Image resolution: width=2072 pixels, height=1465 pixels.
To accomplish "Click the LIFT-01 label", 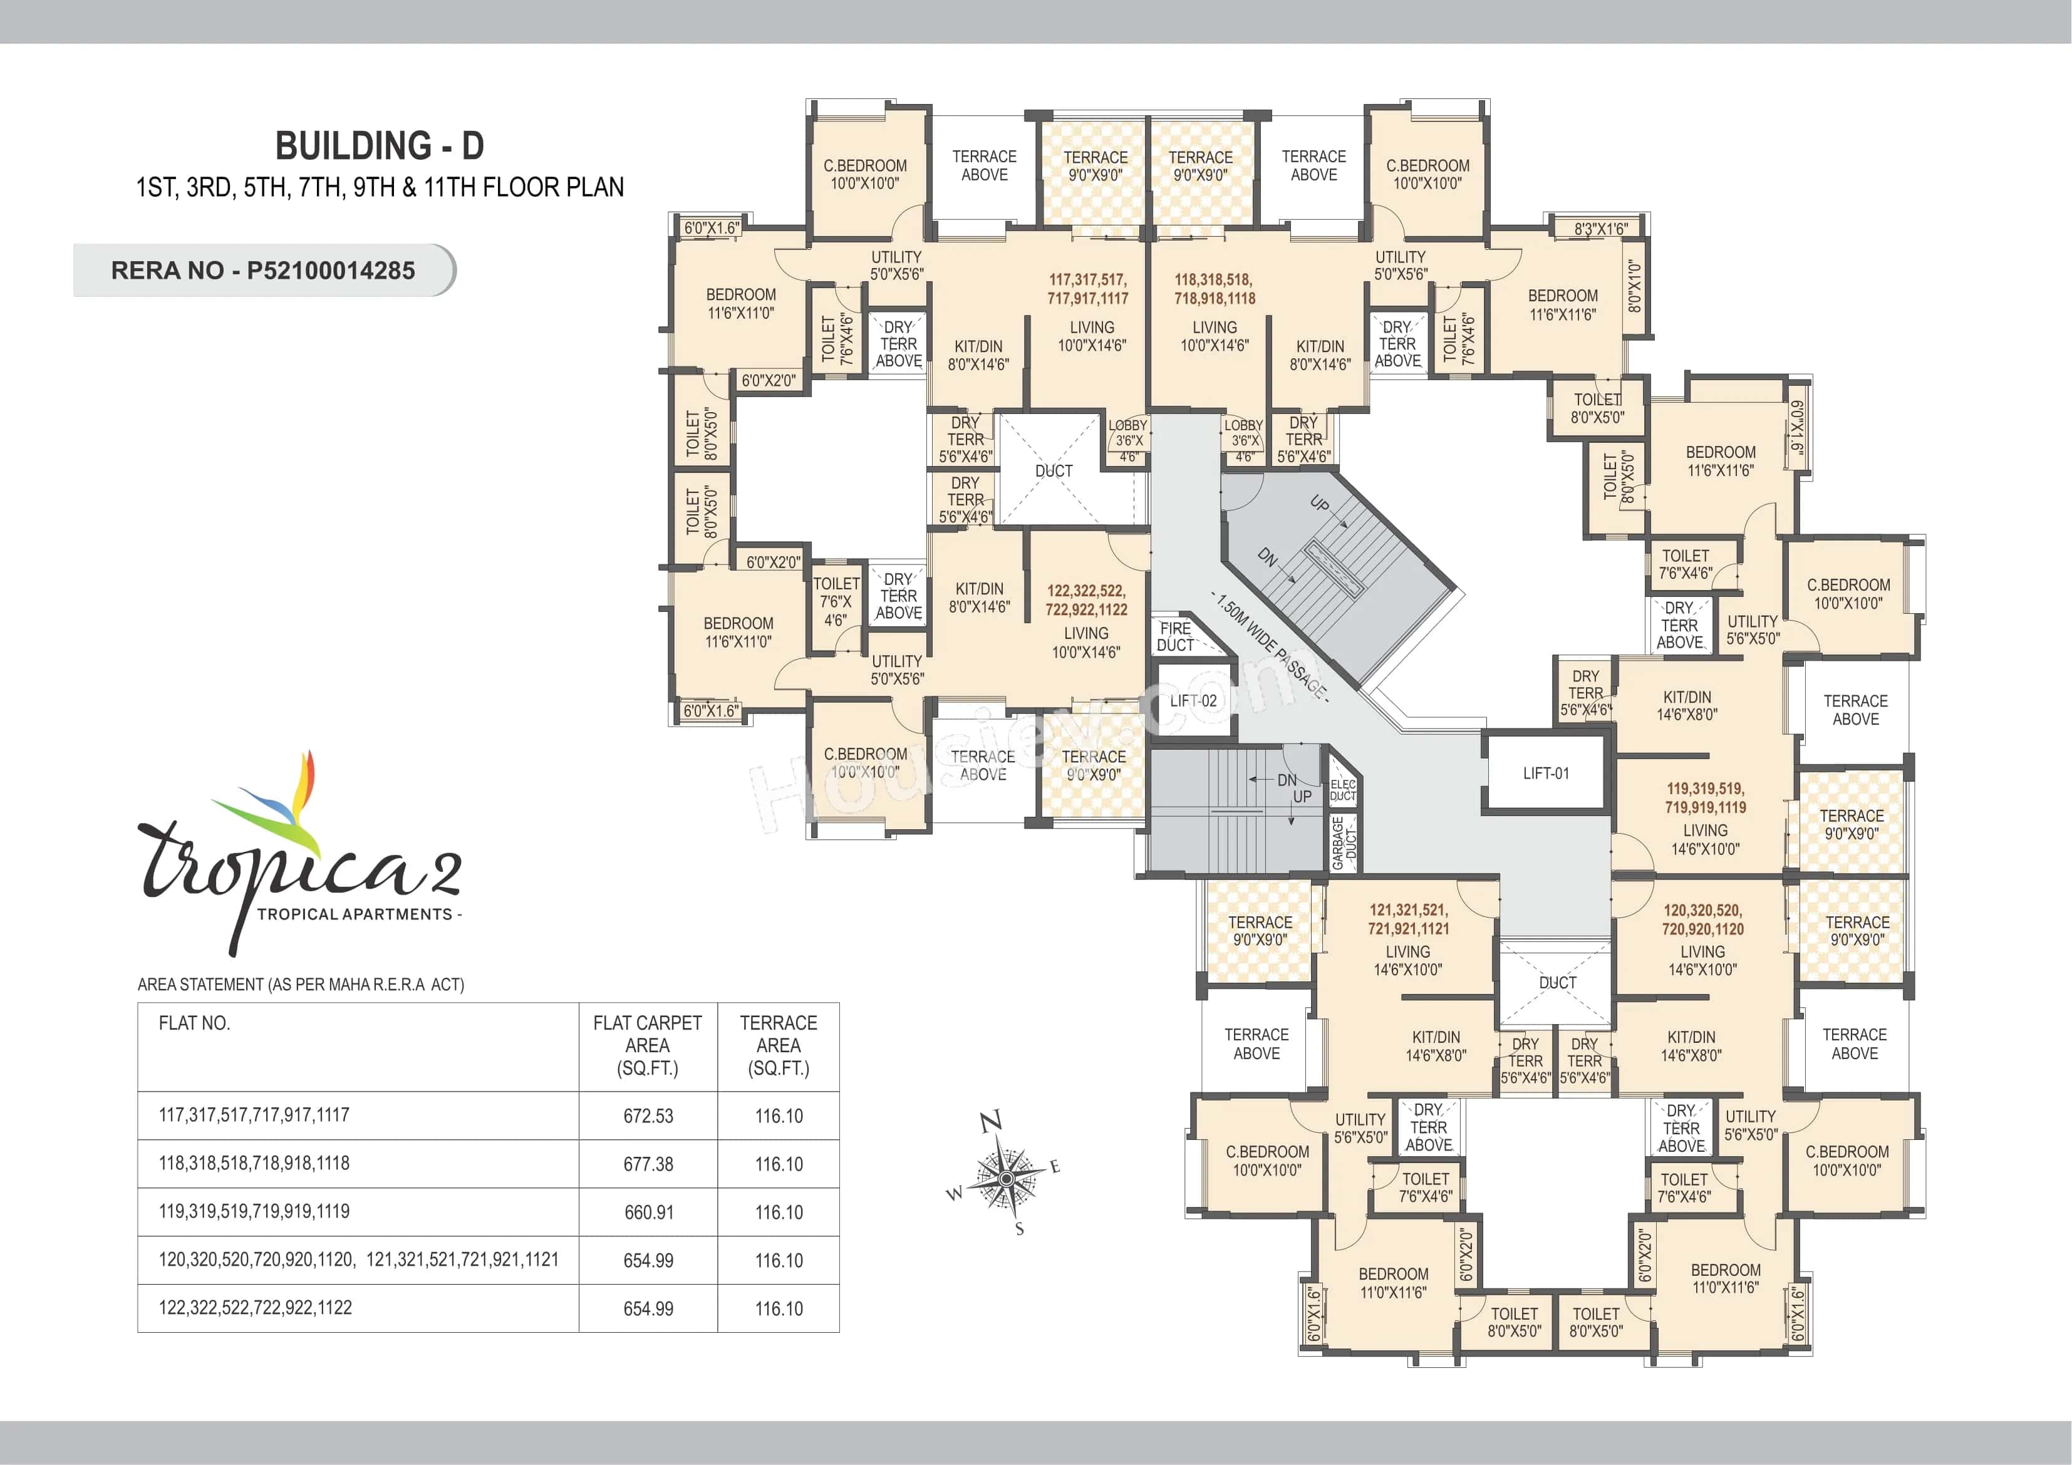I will coord(1546,774).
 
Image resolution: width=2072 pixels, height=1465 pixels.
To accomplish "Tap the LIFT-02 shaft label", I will coord(1193,700).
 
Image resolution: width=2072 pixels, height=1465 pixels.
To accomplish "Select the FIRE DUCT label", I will coord(1175,637).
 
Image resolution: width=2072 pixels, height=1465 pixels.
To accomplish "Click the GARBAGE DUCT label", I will coord(1344,843).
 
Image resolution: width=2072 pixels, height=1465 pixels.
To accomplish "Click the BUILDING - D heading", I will coord(379,146).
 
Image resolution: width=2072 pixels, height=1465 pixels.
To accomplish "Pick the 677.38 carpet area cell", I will coord(648,1164).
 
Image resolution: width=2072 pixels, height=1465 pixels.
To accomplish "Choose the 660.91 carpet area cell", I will coord(648,1212).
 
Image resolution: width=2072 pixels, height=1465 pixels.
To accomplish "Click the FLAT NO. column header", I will coord(194,1023).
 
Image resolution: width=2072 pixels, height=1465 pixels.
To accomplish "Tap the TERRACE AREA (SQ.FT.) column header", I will coord(778,1045).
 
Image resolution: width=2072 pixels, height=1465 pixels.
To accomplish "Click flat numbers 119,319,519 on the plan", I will coord(1705,798).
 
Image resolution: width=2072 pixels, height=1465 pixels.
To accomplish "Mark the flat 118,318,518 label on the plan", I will coord(1214,289).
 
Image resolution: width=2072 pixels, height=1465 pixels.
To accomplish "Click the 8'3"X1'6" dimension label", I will coord(1600,229).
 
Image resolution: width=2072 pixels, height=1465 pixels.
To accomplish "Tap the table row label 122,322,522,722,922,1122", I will coord(256,1308).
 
